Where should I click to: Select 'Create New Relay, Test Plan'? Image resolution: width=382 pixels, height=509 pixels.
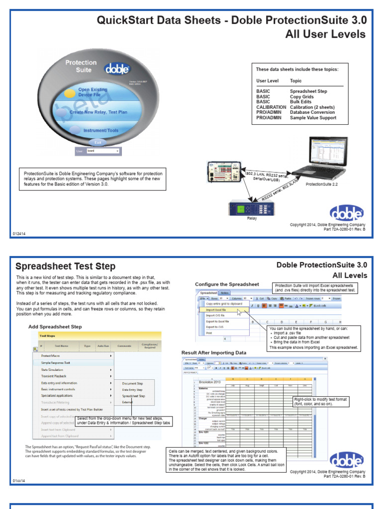point(98,112)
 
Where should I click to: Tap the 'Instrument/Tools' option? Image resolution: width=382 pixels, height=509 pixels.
point(100,130)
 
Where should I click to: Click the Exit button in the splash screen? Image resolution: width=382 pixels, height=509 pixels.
point(98,142)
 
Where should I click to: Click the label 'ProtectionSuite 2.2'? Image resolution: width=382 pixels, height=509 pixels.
point(321,184)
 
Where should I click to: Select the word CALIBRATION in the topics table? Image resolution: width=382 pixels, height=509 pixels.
point(271,107)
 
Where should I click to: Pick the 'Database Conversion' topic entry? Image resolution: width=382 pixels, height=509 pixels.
point(312,112)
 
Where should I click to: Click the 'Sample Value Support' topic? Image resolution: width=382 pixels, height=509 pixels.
point(313,118)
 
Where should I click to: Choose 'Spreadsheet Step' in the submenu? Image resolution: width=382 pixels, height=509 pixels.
point(134,396)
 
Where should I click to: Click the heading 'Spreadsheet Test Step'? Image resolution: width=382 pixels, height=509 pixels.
point(66,266)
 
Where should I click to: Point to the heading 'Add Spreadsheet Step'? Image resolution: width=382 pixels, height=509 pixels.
point(55,327)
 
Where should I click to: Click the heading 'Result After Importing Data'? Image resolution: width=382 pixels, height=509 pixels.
point(214,352)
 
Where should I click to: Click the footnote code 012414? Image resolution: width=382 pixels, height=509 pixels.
point(18,233)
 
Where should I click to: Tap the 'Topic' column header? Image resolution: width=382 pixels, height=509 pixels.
point(295,81)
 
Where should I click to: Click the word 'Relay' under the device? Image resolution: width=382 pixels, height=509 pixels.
point(245,218)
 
